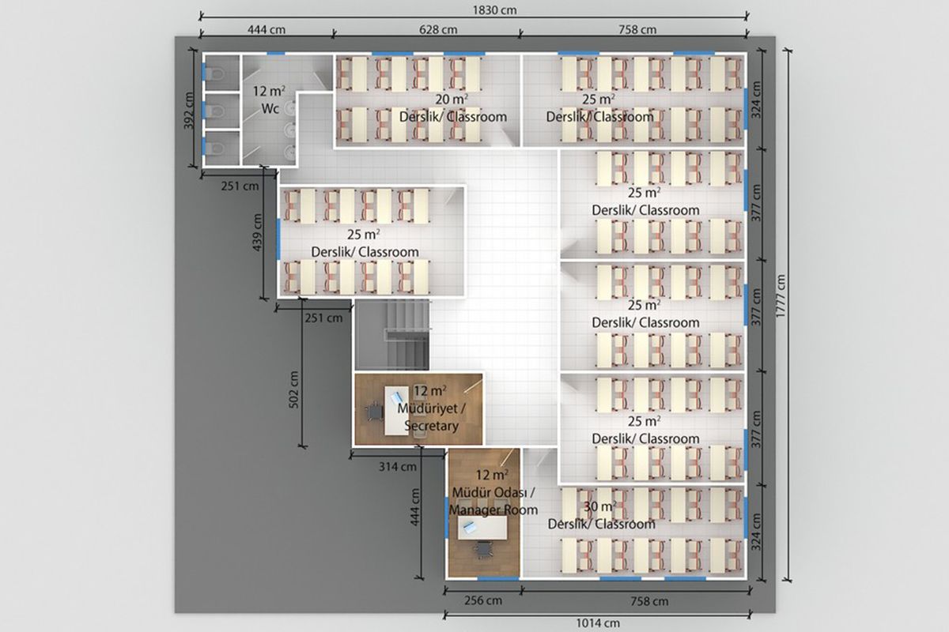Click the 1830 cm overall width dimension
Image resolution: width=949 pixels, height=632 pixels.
click(494, 9)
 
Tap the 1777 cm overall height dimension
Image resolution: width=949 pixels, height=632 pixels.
click(781, 296)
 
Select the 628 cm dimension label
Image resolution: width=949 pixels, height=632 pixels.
click(438, 30)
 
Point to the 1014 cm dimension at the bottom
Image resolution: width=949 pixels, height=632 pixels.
click(598, 623)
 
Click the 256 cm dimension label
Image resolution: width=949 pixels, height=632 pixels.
click(483, 600)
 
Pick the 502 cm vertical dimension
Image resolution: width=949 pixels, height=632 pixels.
click(293, 389)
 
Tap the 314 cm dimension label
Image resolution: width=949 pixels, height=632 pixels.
click(397, 466)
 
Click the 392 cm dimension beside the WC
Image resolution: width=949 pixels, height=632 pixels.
click(188, 110)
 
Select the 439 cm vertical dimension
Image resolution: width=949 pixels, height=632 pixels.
click(257, 232)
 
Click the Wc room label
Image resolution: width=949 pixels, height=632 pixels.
click(270, 109)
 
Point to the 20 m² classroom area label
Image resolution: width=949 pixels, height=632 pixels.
click(452, 99)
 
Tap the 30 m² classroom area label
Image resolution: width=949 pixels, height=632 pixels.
click(600, 506)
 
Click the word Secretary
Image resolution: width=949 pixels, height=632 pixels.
click(431, 426)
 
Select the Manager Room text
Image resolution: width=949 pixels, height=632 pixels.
click(493, 510)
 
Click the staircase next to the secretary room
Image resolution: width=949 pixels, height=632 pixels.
click(393, 335)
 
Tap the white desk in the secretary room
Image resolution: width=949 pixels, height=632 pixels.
click(396, 411)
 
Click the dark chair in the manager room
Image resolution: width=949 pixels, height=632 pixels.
click(483, 550)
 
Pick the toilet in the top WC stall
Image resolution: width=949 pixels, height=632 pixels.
click(216, 74)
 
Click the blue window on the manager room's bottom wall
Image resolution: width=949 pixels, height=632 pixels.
click(497, 577)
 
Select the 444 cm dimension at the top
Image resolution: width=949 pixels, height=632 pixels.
click(267, 30)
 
